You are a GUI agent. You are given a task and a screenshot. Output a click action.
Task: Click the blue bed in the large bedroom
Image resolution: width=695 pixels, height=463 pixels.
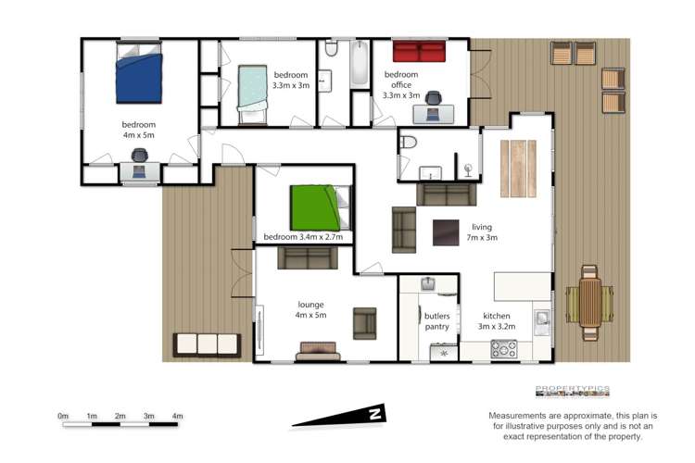(x=139, y=76)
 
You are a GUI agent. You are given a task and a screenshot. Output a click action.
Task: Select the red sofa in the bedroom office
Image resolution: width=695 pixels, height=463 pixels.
(x=418, y=52)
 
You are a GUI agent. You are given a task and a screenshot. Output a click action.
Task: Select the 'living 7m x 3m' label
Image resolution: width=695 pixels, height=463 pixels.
(x=483, y=231)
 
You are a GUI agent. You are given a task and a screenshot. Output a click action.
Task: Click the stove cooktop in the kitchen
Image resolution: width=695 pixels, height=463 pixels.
(x=503, y=349)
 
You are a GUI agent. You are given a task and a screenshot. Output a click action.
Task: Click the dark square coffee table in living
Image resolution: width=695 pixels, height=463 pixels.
(x=446, y=231)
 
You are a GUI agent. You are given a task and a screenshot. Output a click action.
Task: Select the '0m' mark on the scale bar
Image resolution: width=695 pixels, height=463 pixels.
(x=63, y=416)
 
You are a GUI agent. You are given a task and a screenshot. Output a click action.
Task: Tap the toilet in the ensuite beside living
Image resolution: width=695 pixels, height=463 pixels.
(x=410, y=143)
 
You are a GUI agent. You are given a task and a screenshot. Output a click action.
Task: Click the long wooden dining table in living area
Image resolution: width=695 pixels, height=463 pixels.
(x=517, y=168)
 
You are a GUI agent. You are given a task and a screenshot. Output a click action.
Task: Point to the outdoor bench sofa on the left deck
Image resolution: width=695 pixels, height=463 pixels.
(x=207, y=344)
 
